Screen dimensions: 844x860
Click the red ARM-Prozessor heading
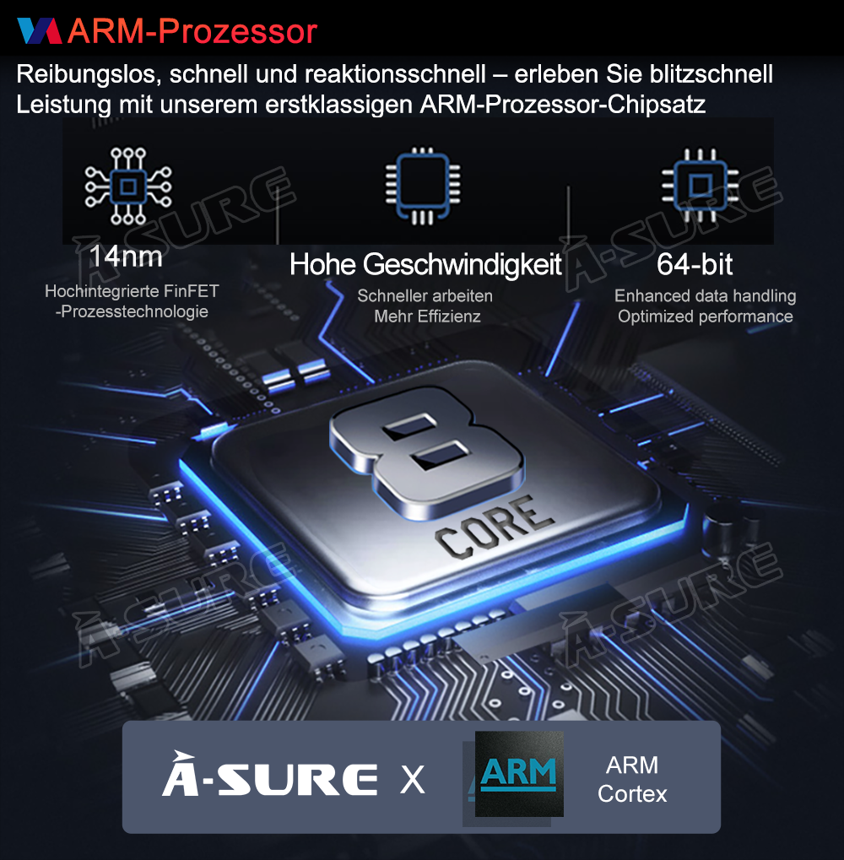click(x=192, y=30)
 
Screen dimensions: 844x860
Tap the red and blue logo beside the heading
click(x=40, y=30)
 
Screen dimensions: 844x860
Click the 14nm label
click(x=126, y=256)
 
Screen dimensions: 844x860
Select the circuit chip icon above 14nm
click(x=128, y=186)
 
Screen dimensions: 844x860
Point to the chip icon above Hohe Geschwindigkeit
click(x=422, y=186)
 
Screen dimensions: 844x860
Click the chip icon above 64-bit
click(x=700, y=186)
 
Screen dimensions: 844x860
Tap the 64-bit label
click(x=695, y=264)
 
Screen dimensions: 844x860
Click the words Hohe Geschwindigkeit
click(x=425, y=265)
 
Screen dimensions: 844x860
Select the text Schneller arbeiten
click(x=425, y=296)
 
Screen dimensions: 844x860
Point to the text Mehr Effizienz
click(x=427, y=316)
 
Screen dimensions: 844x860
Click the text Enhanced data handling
click(x=706, y=296)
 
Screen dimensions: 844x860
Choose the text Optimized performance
click(x=706, y=316)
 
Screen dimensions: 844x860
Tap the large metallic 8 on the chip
click(x=427, y=452)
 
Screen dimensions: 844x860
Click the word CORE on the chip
click(x=494, y=527)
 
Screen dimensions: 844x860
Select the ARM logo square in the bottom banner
click(x=519, y=773)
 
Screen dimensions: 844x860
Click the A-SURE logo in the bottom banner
click(x=270, y=775)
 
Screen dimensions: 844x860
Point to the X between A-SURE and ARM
click(x=413, y=779)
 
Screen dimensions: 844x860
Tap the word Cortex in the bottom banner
click(x=632, y=794)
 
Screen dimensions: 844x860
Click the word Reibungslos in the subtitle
click(x=89, y=74)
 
